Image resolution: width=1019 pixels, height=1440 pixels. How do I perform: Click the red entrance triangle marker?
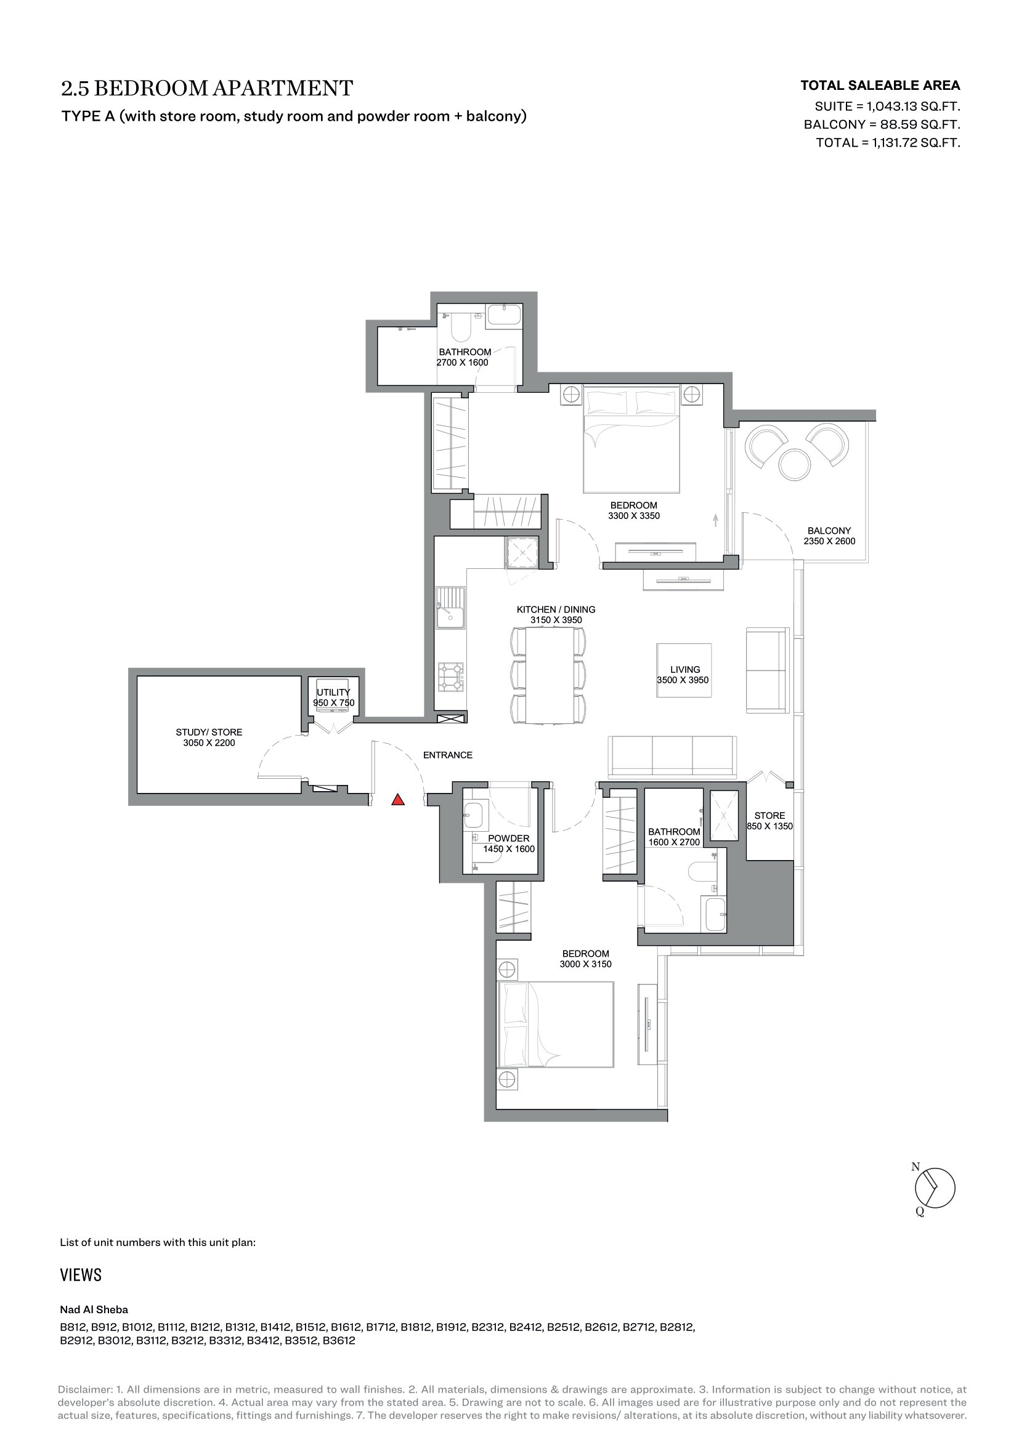click(398, 800)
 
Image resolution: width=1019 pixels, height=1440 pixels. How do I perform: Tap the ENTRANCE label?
click(447, 755)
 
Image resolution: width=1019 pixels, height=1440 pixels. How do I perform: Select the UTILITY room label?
click(333, 693)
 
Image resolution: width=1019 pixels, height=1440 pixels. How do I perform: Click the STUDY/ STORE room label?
click(209, 732)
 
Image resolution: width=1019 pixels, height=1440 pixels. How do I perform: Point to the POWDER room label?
click(509, 839)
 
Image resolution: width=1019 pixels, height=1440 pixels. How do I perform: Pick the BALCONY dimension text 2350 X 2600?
click(829, 541)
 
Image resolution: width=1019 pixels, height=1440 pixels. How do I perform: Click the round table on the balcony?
click(794, 464)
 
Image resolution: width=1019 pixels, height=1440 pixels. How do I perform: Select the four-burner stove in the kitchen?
click(451, 677)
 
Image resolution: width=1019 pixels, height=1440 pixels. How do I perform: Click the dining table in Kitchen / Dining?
click(550, 675)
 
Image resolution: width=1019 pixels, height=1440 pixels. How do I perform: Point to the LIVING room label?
click(684, 670)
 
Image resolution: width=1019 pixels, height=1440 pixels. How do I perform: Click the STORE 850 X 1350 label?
click(769, 821)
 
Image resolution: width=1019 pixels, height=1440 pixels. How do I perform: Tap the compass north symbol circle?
click(935, 1188)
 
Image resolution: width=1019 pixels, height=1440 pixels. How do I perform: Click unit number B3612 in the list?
click(339, 1341)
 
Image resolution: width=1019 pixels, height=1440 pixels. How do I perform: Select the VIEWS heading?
click(81, 1274)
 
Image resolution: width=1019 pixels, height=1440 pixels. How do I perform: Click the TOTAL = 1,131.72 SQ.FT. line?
click(888, 142)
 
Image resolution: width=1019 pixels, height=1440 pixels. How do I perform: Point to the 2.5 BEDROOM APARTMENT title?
click(207, 88)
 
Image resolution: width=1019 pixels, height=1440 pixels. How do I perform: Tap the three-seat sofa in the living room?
click(672, 757)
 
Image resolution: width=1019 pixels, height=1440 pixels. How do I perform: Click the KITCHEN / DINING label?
click(556, 609)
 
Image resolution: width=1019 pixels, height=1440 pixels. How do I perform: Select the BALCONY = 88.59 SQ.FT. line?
click(882, 124)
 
